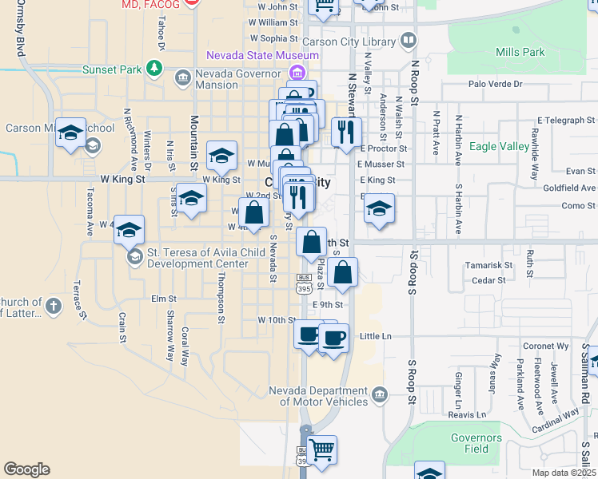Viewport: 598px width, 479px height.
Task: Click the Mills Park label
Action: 520,52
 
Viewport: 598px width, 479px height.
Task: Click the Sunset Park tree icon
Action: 154,69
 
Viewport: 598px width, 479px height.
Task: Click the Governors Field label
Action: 476,443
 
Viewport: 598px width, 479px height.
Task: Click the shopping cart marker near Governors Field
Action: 322,449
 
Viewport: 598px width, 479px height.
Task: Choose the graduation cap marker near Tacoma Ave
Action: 129,231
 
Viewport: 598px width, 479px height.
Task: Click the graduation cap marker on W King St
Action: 221,156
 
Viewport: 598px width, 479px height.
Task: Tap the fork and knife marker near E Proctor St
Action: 345,133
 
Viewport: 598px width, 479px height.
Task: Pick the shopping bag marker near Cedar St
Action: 342,273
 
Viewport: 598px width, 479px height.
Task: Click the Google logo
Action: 26,469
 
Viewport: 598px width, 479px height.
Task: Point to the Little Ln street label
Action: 376,336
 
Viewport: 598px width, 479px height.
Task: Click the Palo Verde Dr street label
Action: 495,84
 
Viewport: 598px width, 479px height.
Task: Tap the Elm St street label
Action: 163,299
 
